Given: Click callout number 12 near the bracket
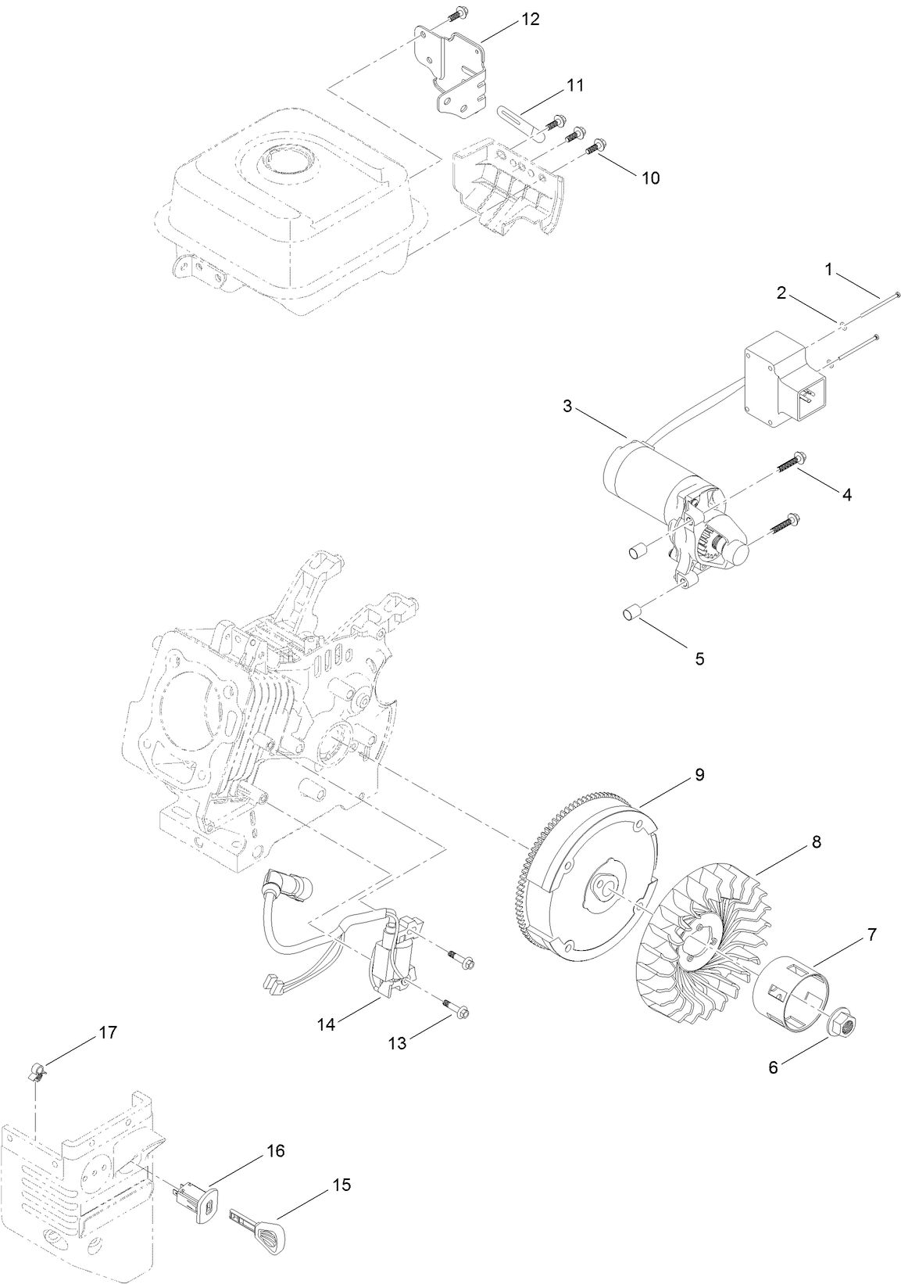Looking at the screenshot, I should pos(531,20).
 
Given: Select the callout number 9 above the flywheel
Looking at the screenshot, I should pos(699,774).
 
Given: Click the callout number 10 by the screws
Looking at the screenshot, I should pos(650,178).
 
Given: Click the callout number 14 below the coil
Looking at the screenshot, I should pos(326,1024).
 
